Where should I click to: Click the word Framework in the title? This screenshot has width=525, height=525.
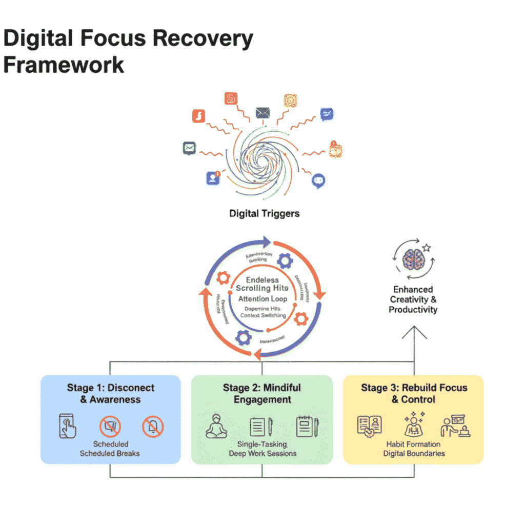[x=64, y=65]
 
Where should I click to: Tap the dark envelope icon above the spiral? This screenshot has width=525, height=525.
[x=262, y=112]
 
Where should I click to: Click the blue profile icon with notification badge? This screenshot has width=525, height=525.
[x=213, y=178]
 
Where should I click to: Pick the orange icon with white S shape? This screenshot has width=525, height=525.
[x=198, y=116]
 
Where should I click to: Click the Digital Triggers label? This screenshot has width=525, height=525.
[x=264, y=214]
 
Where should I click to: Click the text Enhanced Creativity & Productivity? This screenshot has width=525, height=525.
[x=413, y=299]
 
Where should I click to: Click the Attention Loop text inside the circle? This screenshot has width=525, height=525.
[x=262, y=298]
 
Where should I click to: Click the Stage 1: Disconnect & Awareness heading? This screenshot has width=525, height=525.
[x=110, y=393]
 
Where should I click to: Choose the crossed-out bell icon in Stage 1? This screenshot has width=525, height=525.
[x=152, y=427]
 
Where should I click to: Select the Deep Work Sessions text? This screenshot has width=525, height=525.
[x=262, y=454]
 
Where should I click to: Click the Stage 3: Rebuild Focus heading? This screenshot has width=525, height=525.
[x=414, y=393]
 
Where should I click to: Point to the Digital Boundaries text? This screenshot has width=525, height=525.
[x=414, y=453]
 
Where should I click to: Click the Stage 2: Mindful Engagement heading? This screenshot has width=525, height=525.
[x=262, y=393]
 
